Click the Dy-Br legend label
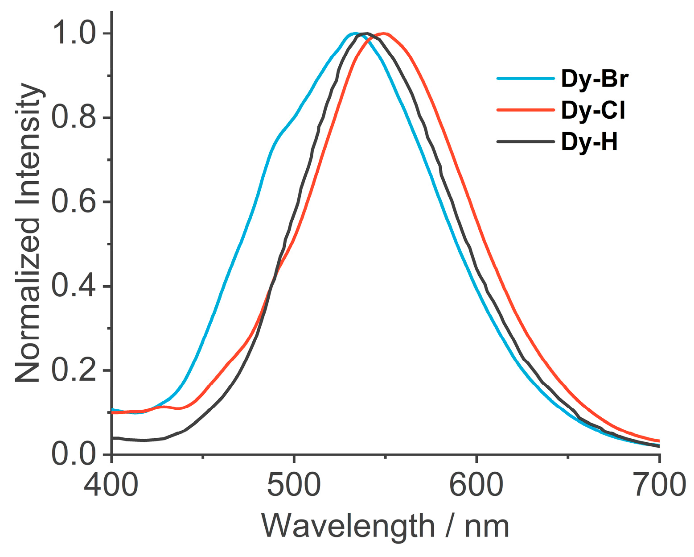pos(595,79)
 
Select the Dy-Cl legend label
pos(593,110)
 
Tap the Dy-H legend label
pos(589,142)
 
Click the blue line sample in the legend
pos(526,79)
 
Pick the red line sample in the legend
pos(526,110)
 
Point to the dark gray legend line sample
pos(526,141)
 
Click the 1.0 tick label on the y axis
pos(74,34)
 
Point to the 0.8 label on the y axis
pos(74,118)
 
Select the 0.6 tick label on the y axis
pos(74,202)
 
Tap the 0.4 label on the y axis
pos(74,286)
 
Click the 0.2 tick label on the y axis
pos(74,370)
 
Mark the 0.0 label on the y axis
pos(74,454)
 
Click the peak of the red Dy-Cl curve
pos(383,33)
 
